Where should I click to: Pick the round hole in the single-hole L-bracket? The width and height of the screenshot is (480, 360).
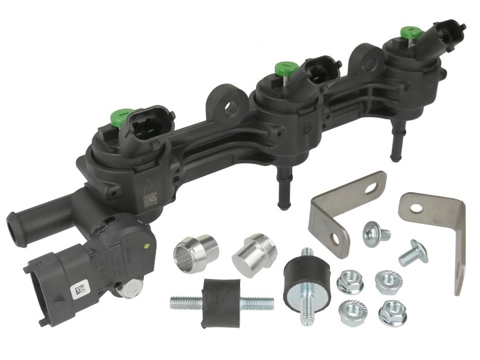pyautogui.click(x=422, y=207)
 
